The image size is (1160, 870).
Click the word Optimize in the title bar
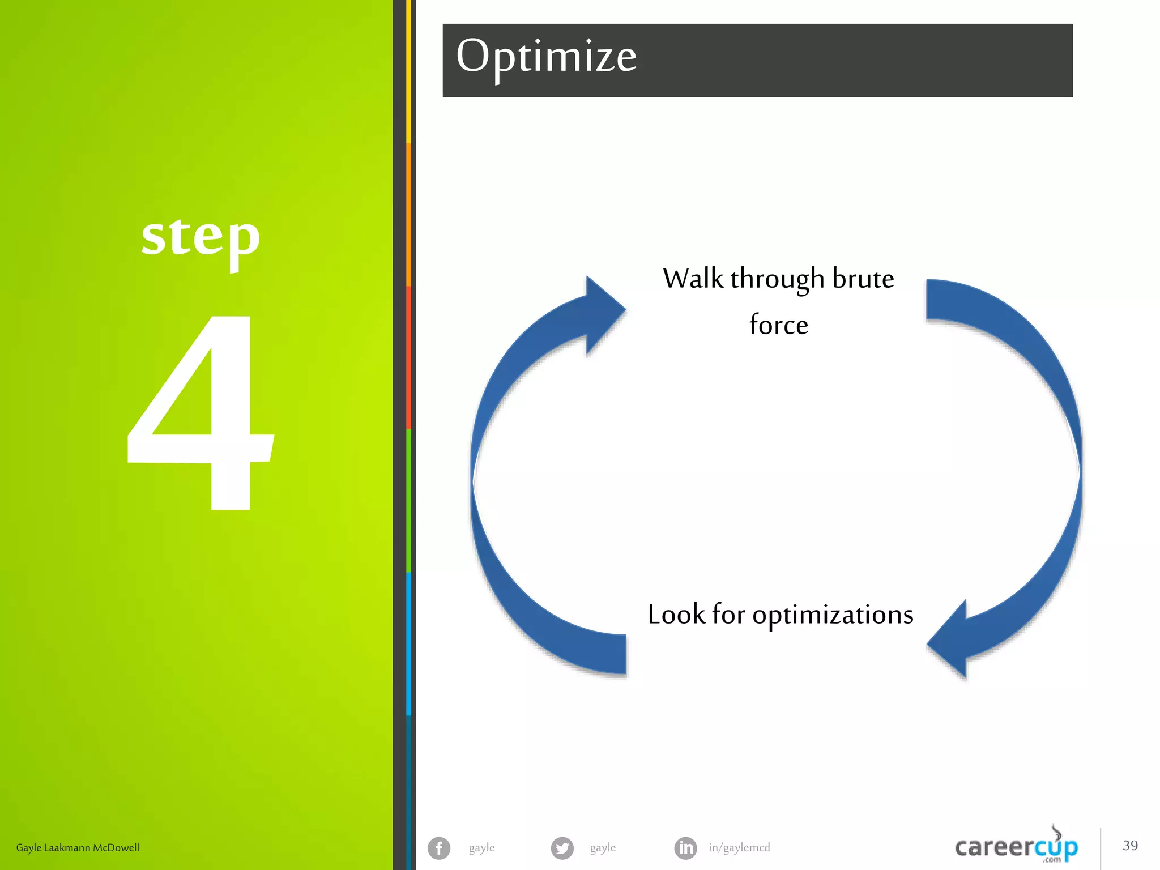click(546, 57)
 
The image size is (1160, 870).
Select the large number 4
click(201, 413)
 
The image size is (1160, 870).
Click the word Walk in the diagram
click(693, 279)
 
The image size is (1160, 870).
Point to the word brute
click(863, 279)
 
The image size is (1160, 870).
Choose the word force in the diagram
click(778, 325)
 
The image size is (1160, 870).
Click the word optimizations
click(833, 615)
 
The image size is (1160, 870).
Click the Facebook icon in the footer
click(439, 848)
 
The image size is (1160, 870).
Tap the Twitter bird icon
click(562, 848)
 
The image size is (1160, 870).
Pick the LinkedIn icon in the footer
click(685, 848)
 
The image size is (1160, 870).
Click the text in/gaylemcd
click(739, 848)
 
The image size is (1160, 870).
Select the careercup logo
click(1016, 847)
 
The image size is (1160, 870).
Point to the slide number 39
click(1130, 846)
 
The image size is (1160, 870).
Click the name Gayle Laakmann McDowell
click(78, 848)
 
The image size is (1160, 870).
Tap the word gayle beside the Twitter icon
click(603, 848)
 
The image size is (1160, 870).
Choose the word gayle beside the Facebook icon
click(481, 848)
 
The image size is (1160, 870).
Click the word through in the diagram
click(777, 279)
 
